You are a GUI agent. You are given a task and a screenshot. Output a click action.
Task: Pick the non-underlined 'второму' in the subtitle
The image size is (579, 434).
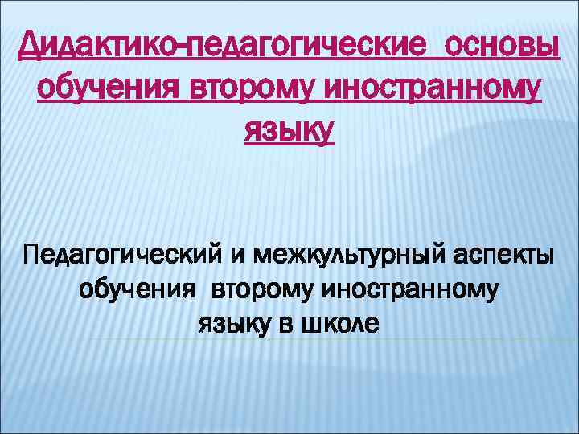click(262, 291)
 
